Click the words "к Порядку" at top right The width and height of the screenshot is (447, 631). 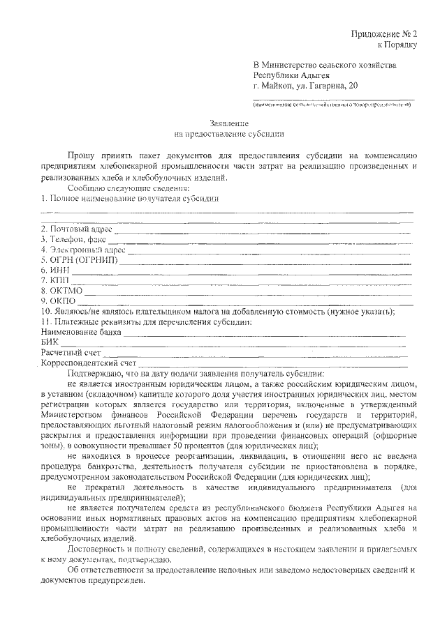[397, 45]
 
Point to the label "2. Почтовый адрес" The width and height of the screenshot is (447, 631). [76, 229]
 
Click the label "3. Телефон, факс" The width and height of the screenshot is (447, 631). [73, 239]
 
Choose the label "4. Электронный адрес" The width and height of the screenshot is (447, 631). [83, 250]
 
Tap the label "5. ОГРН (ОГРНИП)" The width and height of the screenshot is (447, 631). [79, 260]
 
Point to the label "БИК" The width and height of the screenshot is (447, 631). [49, 342]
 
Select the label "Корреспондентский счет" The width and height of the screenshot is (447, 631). [88, 363]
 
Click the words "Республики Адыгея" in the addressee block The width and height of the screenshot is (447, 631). [291, 75]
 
